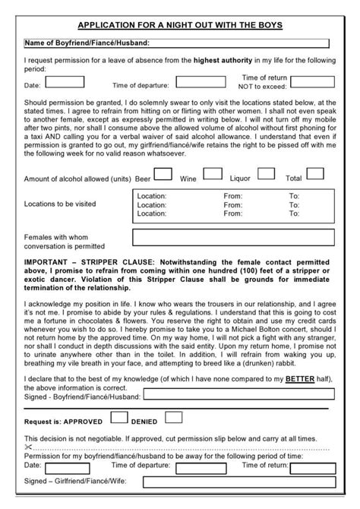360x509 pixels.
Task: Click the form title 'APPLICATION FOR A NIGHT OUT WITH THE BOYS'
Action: coord(180,25)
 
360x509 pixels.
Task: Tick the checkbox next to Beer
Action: coord(163,174)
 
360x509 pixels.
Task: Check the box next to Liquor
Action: coord(266,174)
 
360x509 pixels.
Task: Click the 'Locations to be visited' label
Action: coord(60,204)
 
